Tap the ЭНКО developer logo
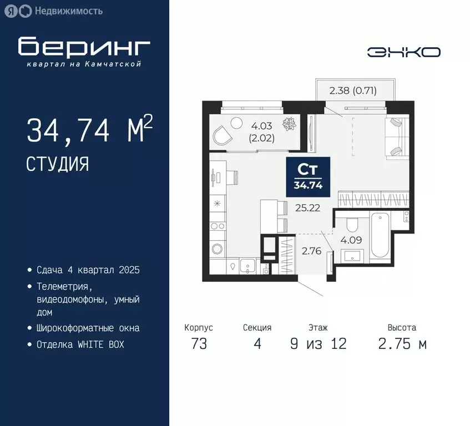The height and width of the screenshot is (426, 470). (404, 52)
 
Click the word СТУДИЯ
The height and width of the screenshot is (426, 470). (57, 164)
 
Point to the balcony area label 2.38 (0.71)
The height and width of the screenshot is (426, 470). (353, 90)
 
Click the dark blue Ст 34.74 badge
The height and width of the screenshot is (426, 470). (309, 176)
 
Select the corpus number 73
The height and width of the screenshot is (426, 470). (199, 344)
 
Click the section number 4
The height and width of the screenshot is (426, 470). (257, 344)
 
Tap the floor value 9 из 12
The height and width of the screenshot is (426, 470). (318, 344)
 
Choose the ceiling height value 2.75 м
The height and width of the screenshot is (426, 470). (402, 344)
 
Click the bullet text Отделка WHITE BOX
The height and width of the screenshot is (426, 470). (80, 344)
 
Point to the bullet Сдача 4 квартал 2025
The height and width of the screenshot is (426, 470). (88, 270)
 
